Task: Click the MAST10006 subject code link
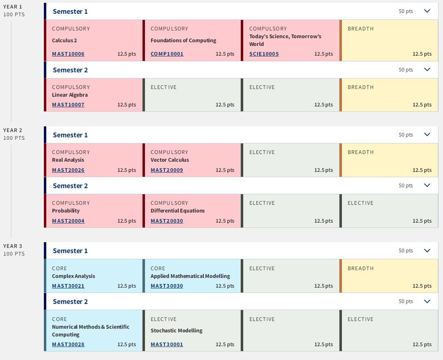pyautogui.click(x=68, y=54)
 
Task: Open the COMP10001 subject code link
pyautogui.click(x=167, y=54)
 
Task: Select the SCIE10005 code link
pyautogui.click(x=264, y=54)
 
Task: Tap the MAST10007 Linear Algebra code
pyautogui.click(x=68, y=105)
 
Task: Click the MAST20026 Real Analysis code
pyautogui.click(x=68, y=170)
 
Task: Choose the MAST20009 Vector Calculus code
pyautogui.click(x=167, y=170)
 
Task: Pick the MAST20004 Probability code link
pyautogui.click(x=68, y=221)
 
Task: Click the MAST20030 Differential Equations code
pyautogui.click(x=167, y=221)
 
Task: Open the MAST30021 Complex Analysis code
pyautogui.click(x=68, y=286)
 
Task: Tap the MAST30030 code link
pyautogui.click(x=167, y=286)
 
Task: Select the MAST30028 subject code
pyautogui.click(x=68, y=345)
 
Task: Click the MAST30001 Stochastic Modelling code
pyautogui.click(x=167, y=345)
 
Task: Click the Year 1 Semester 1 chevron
pyautogui.click(x=427, y=11)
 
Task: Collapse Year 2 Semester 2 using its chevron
pyautogui.click(x=427, y=185)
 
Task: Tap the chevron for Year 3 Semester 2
pyautogui.click(x=427, y=301)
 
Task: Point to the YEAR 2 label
pyautogui.click(x=13, y=130)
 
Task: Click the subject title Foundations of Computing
pyautogui.click(x=184, y=41)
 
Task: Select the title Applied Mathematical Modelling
pyautogui.click(x=190, y=276)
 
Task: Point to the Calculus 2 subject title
pyautogui.click(x=65, y=41)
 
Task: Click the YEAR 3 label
pyautogui.click(x=13, y=246)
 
